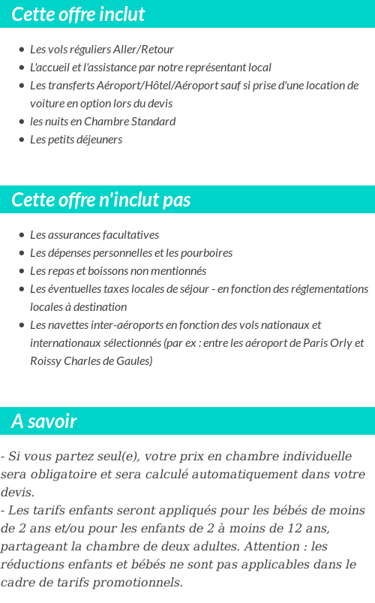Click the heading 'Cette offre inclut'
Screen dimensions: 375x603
pos(78,14)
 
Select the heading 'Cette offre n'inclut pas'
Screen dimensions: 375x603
pos(101,200)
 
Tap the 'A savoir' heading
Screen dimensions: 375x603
pos(43,421)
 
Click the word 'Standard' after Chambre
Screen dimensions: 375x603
pos(151,122)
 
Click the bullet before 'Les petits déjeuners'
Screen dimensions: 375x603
pos(22,140)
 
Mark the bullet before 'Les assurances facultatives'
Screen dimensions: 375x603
pos(22,235)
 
